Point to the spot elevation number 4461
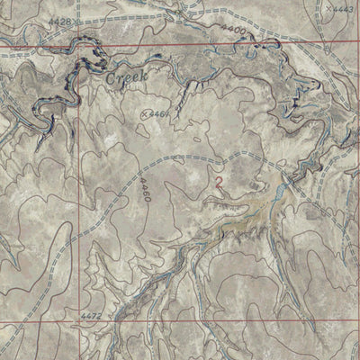point(159,114)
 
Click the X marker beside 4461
point(146,114)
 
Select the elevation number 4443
point(343,9)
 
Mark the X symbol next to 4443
point(330,8)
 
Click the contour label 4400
point(232,31)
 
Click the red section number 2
point(218,181)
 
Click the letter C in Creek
point(109,79)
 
